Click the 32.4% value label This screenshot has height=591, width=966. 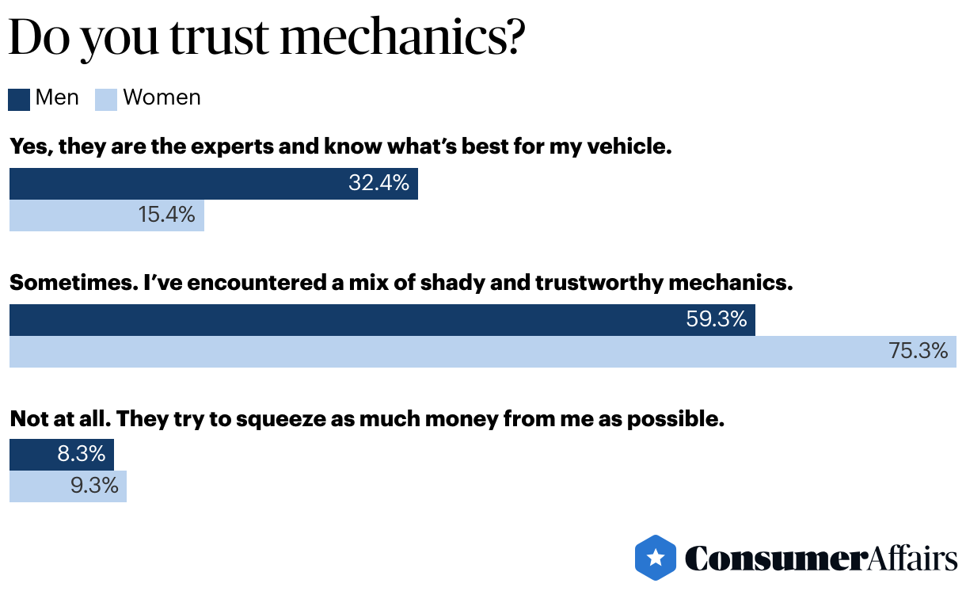coord(378,184)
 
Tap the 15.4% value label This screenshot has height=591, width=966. coord(166,215)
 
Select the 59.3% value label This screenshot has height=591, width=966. coord(716,319)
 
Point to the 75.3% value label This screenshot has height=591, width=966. coord(918,351)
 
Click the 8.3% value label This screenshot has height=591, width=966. coord(81,454)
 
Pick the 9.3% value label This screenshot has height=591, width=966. coord(94,486)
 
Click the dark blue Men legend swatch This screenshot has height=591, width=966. coord(19,99)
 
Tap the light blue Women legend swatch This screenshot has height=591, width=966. coord(106,99)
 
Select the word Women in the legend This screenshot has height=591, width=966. coord(162,97)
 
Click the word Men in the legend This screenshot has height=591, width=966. coord(57,97)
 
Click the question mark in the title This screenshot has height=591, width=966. coord(513,37)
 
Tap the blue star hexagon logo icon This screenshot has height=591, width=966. coord(656,558)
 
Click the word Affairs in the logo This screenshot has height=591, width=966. coord(910,558)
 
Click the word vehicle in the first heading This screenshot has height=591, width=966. coord(631,147)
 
